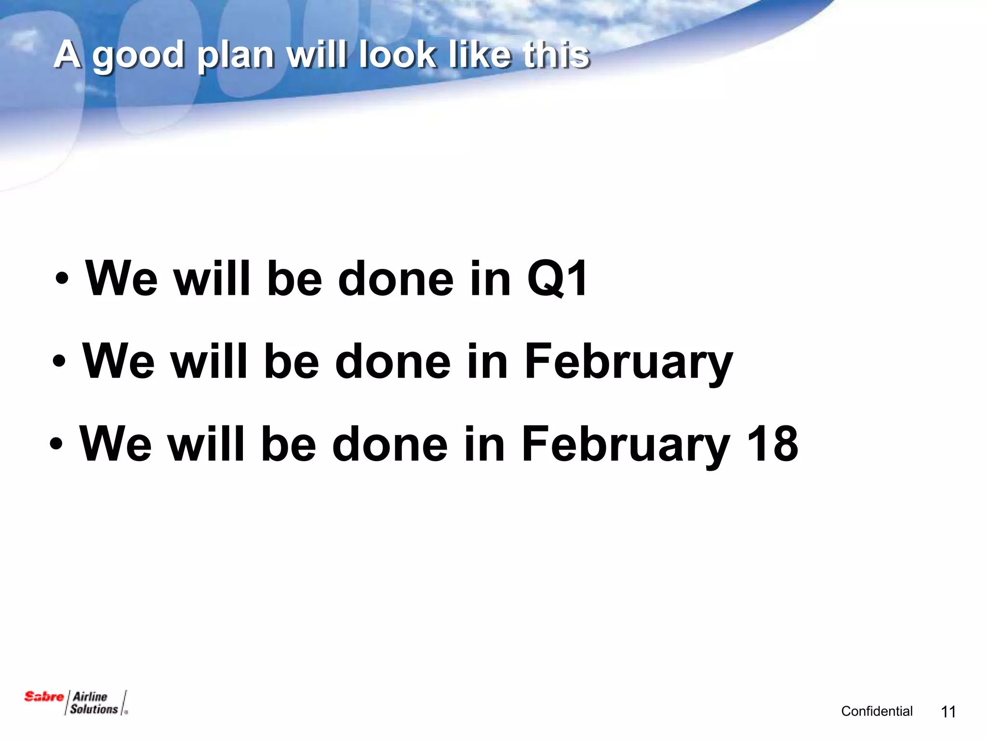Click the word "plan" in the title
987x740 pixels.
236,55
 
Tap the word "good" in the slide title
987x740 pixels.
138,55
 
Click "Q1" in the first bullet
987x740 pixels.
557,279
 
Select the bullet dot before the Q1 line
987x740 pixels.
61,279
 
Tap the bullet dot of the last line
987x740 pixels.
56,444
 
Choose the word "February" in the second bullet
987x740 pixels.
628,362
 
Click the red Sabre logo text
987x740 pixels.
44,697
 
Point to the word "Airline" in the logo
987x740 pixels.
90,696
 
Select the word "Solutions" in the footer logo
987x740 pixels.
94,709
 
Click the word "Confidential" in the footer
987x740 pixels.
877,711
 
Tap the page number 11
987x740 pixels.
948,712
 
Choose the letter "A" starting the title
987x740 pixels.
67,54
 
